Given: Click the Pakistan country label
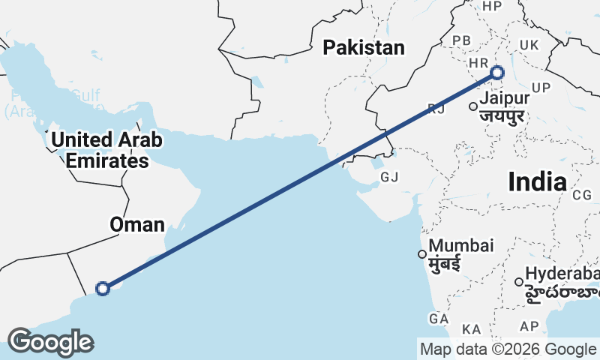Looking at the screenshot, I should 364,48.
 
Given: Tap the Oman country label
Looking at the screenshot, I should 136,224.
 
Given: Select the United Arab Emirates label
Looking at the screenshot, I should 106,150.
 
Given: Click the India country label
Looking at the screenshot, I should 537,181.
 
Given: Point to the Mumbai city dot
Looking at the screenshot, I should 422,253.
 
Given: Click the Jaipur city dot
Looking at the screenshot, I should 473,106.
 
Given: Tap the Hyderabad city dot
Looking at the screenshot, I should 519,282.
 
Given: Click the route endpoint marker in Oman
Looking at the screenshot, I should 103,288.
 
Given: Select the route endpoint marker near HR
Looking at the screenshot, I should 496,73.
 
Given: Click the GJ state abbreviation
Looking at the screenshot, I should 389,178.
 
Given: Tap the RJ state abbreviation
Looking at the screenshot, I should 436,109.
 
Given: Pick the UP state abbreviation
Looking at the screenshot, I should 541,88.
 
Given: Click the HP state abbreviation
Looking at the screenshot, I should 492,7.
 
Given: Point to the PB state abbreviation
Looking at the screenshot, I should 461,40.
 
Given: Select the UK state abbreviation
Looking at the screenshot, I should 529,45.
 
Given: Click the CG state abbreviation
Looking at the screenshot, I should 582,195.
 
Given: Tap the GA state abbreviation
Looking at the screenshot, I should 439,319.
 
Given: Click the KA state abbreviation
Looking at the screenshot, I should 472,329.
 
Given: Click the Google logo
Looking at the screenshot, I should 50,342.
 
